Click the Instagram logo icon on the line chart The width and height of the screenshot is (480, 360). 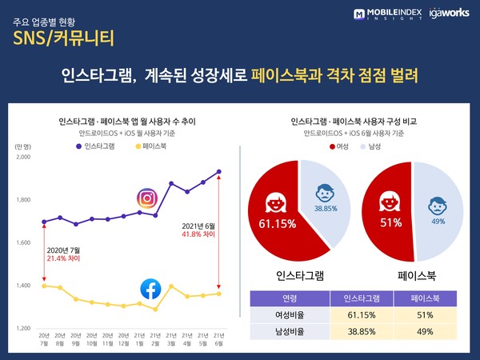pyautogui.click(x=146, y=198)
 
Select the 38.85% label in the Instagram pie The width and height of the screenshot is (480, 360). pyautogui.click(x=326, y=207)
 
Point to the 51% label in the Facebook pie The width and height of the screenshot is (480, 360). pyautogui.click(x=391, y=222)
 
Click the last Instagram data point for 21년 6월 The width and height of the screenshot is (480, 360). pyautogui.click(x=218, y=171)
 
